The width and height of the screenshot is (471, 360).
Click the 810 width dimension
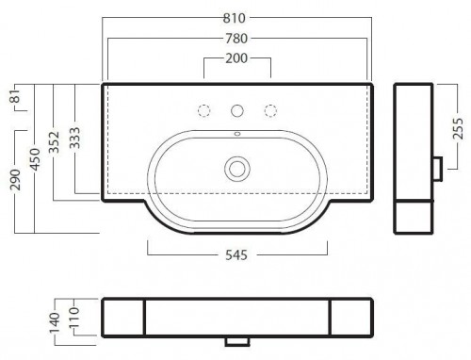(x=235, y=18)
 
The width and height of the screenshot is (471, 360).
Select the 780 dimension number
(x=236, y=39)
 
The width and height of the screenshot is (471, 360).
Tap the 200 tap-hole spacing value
(x=236, y=58)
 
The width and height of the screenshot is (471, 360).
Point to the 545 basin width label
(x=236, y=255)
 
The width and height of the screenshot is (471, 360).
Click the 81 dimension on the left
(x=15, y=96)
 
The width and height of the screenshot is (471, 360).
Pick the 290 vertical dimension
(x=15, y=180)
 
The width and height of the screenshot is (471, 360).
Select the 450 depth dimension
(x=35, y=159)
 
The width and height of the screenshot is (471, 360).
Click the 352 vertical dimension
(x=54, y=142)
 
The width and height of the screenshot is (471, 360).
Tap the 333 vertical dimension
(x=74, y=138)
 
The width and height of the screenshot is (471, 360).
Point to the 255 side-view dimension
(x=458, y=128)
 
